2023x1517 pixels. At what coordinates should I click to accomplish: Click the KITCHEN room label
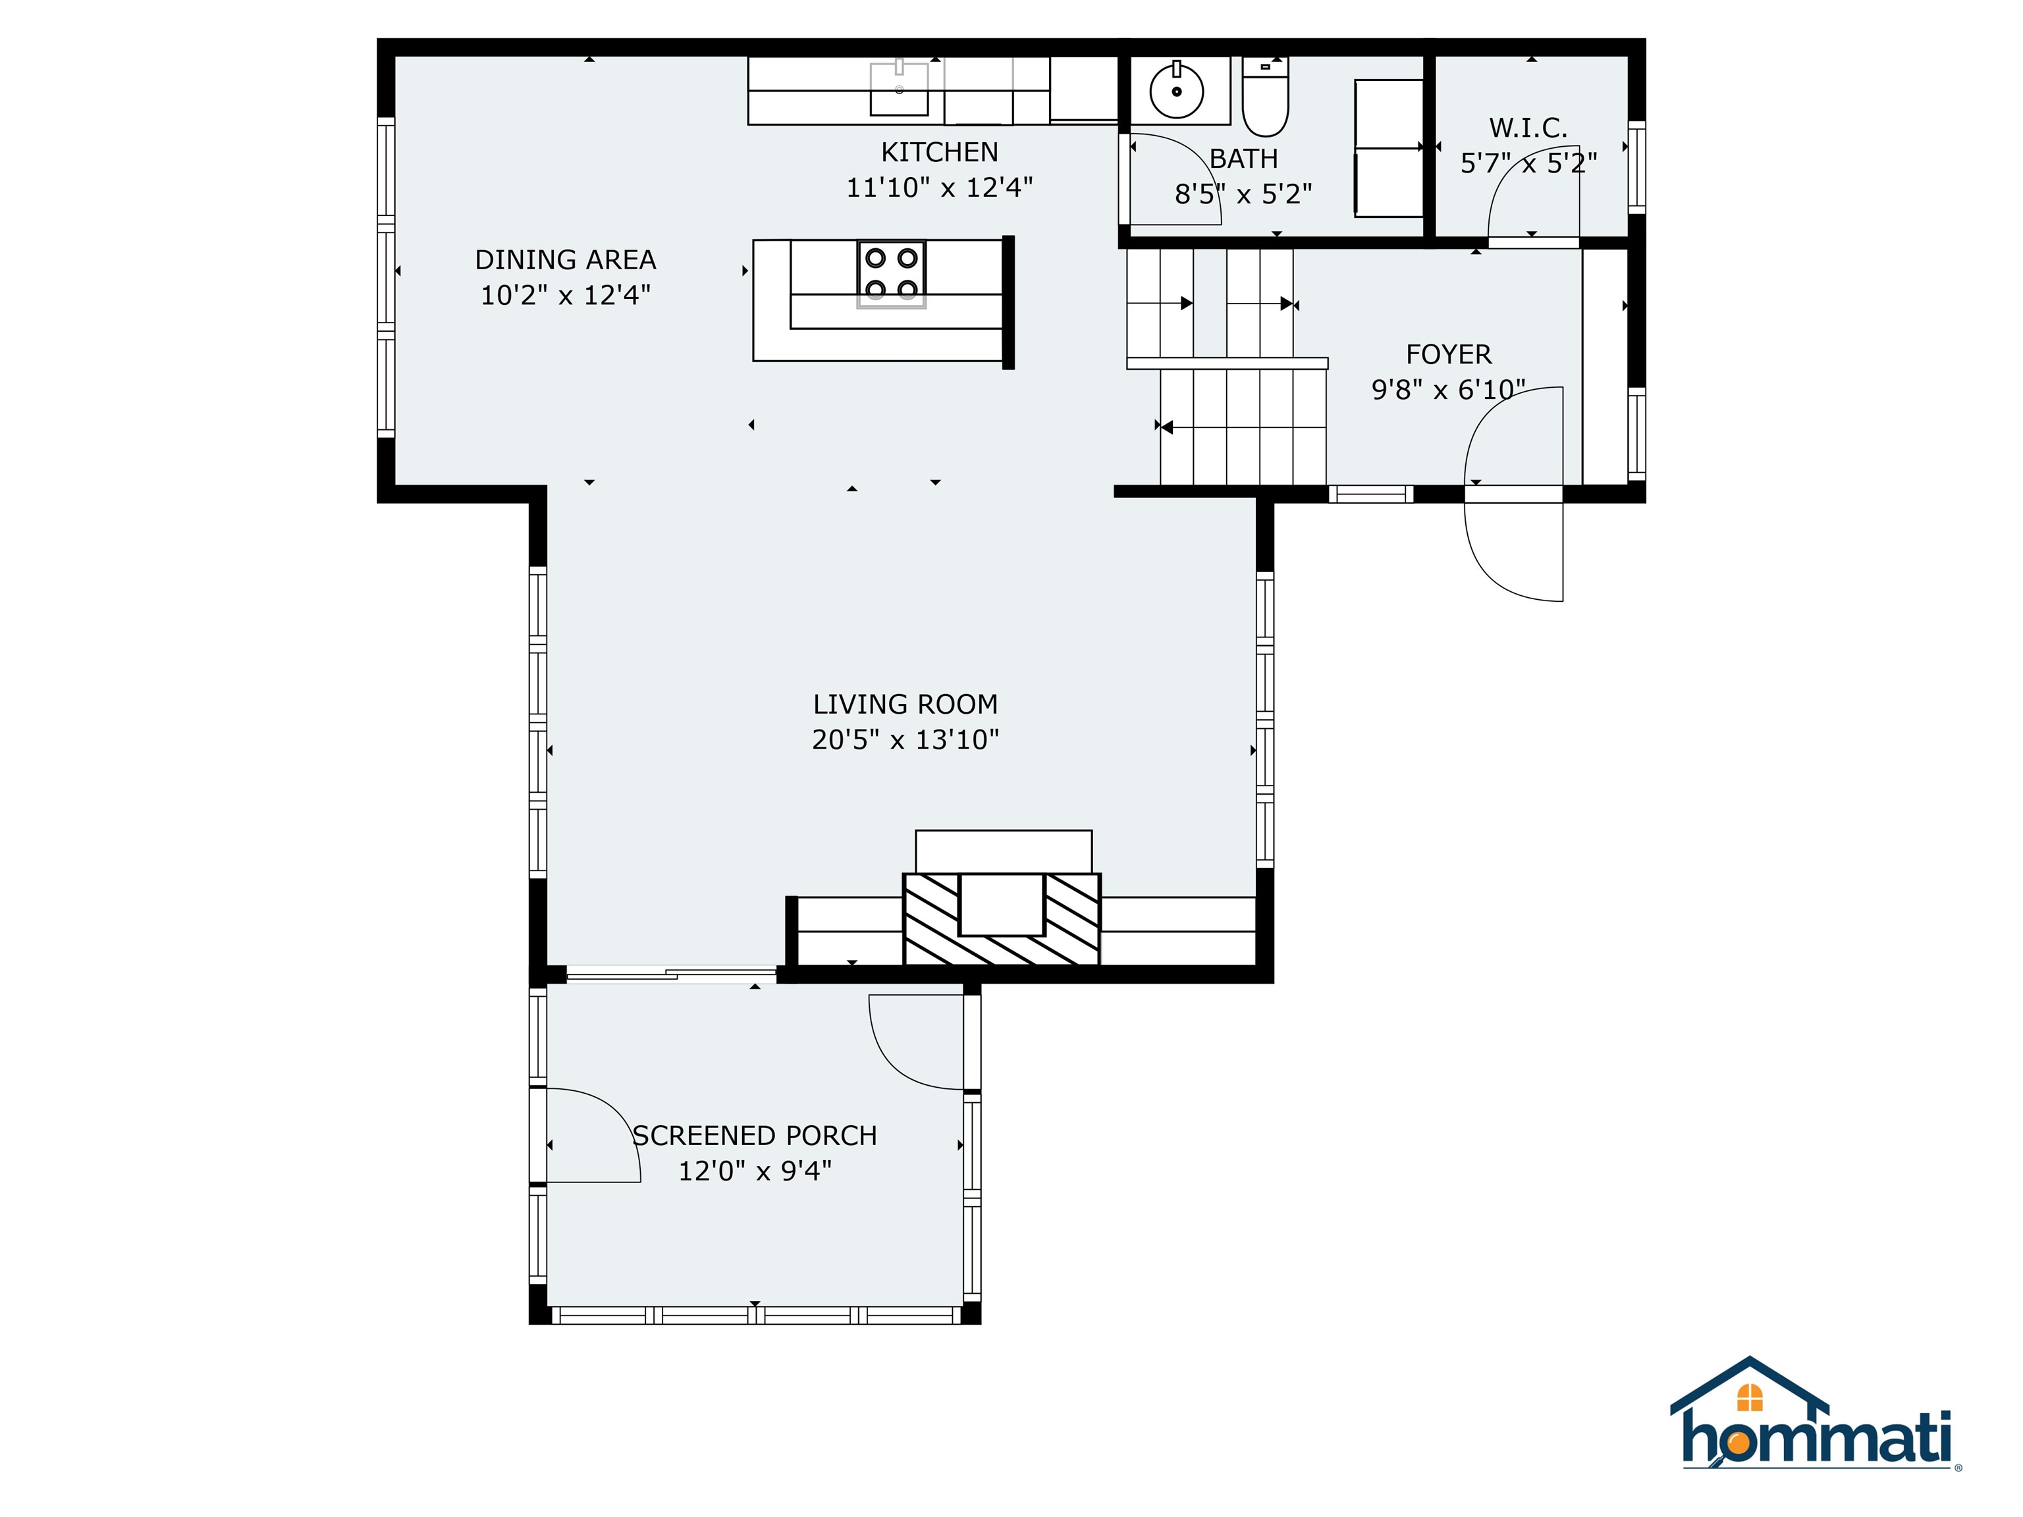tap(939, 152)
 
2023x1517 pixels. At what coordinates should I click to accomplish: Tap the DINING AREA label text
tap(565, 259)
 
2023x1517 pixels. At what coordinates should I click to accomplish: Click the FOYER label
tap(1447, 354)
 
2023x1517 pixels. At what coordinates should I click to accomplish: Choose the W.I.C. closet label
tap(1527, 128)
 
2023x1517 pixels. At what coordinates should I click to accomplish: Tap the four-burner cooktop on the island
tap(891, 273)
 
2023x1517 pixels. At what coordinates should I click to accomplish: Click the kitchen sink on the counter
tap(898, 90)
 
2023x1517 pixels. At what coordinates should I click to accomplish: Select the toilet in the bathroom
tap(1265, 99)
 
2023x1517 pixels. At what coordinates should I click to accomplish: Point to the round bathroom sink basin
tap(1176, 92)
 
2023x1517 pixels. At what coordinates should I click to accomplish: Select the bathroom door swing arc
tap(1175, 178)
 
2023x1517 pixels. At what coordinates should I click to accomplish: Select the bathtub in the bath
tap(1388, 147)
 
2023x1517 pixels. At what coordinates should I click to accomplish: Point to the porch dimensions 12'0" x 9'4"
tap(755, 1171)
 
